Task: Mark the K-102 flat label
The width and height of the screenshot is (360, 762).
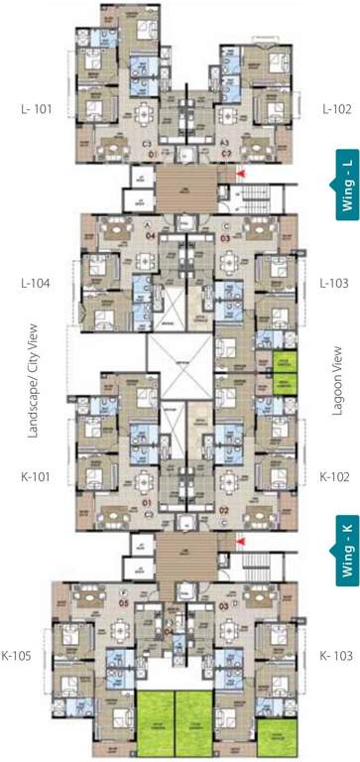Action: tap(332, 475)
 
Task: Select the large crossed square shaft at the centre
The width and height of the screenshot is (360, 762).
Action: tap(180, 368)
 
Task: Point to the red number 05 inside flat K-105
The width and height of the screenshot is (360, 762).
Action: tap(124, 602)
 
